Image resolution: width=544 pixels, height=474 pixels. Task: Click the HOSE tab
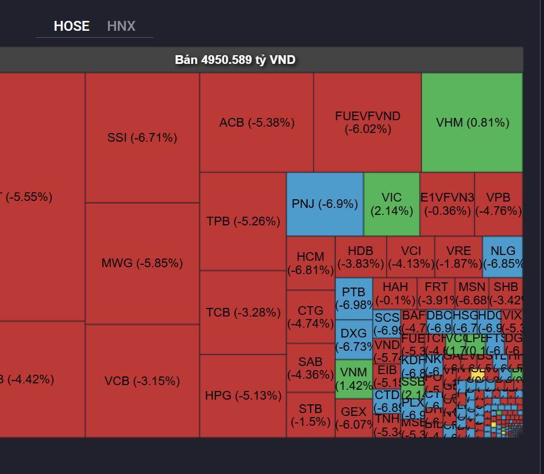[x=71, y=26]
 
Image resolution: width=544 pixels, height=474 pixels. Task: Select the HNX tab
[x=121, y=26]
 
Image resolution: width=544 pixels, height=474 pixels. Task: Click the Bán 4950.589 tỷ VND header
[x=235, y=60]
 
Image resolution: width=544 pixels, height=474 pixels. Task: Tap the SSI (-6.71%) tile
[x=142, y=138]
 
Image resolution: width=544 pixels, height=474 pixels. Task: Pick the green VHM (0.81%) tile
[x=472, y=123]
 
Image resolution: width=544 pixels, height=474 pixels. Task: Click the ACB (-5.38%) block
[x=257, y=123]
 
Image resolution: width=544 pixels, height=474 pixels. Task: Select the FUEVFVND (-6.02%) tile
[x=368, y=123]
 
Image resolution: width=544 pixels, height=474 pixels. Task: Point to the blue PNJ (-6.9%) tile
[x=325, y=204]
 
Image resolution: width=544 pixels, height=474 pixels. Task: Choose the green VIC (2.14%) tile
[x=391, y=204]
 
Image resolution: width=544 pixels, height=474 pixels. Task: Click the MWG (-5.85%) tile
[x=142, y=263]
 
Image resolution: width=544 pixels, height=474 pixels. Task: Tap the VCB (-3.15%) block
[x=142, y=381]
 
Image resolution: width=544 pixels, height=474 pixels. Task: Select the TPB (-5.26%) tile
[x=243, y=221]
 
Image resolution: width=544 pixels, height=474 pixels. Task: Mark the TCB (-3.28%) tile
[x=243, y=313]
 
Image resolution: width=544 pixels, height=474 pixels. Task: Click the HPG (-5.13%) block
[x=243, y=396]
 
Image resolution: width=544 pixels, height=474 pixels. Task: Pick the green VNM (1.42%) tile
[x=354, y=379]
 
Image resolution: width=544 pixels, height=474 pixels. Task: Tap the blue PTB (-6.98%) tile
[x=354, y=298]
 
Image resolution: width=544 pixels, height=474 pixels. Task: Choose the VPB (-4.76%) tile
[x=498, y=204]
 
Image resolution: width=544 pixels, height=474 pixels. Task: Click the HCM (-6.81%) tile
[x=310, y=263]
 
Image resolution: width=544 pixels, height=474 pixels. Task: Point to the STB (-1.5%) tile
[x=310, y=415]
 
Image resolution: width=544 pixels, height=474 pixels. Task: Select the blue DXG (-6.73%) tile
[x=354, y=339]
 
